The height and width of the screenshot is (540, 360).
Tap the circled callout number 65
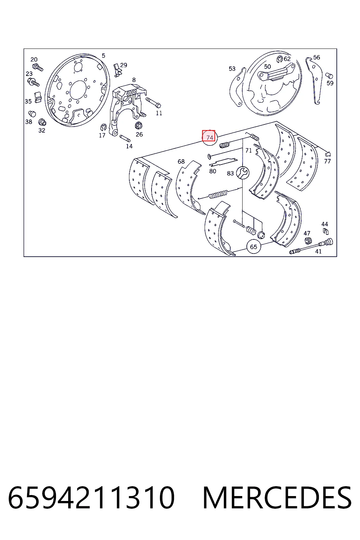pos(253,246)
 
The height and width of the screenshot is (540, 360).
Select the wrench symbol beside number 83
pos(242,173)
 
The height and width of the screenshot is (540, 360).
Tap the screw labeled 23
pos(33,82)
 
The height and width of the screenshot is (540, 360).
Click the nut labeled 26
pos(139,126)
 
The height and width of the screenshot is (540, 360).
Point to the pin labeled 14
pos(125,139)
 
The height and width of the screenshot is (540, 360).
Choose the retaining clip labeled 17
pos(103,127)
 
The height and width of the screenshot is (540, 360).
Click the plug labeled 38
pos(32,114)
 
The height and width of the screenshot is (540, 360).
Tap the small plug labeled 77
pos(327,154)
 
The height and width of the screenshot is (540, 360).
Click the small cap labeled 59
pos(329,76)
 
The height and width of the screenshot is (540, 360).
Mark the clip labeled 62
pos(280,59)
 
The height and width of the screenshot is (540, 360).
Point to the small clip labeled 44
pos(326,231)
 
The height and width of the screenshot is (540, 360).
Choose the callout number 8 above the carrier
pos(134,80)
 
